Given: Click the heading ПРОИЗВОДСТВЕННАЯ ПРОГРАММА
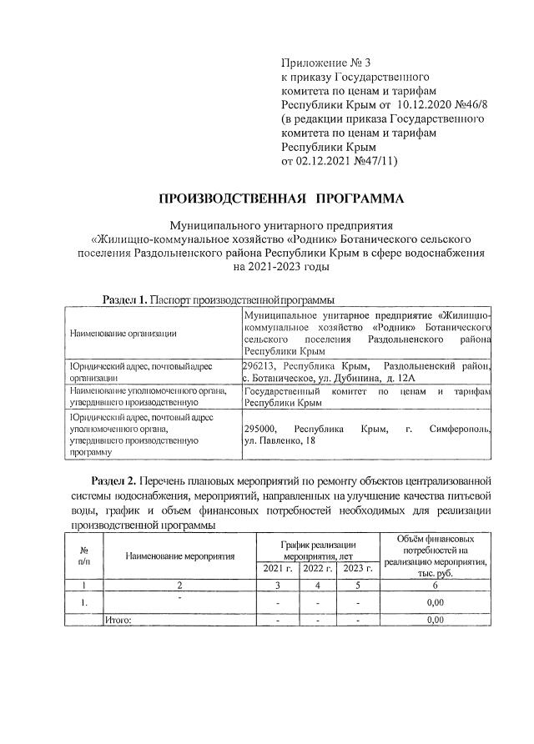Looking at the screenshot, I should click(x=280, y=198).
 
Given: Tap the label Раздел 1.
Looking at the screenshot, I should click(x=124, y=299).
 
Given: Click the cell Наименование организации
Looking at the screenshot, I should click(x=123, y=334).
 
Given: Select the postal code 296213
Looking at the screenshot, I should click(x=259, y=366).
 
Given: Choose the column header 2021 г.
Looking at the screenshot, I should click(x=278, y=569).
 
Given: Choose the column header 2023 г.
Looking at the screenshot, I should click(x=357, y=569).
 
